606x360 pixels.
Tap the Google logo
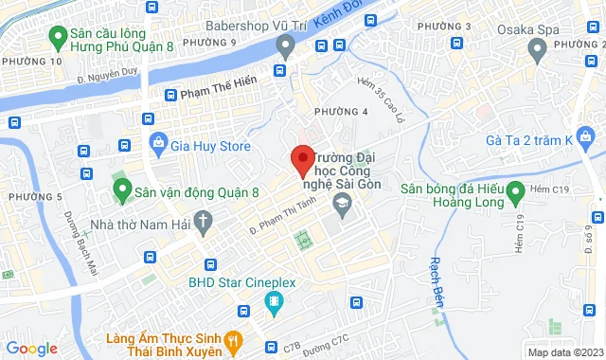tap(31, 349)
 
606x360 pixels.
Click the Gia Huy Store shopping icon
tap(158, 146)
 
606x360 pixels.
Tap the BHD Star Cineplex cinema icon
tap(275, 304)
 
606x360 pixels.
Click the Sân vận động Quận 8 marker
tap(121, 191)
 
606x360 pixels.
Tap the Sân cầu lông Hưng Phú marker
tap(56, 39)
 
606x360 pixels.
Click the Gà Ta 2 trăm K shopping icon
tap(587, 139)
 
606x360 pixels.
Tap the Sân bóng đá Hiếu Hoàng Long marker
tap(515, 194)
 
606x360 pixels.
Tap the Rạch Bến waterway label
tap(438, 272)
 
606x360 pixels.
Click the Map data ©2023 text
tap(563, 352)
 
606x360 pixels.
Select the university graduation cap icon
tap(340, 205)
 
